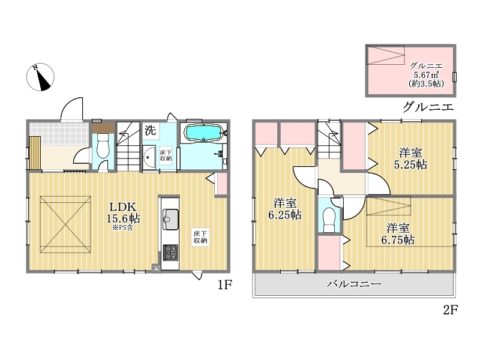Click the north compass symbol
(x=40, y=77)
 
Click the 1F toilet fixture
(x=103, y=146)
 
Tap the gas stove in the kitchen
(x=170, y=253)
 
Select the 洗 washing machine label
(x=151, y=131)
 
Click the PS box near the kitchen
(x=157, y=269)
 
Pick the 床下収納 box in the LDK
(x=200, y=237)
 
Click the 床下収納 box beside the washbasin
(x=166, y=155)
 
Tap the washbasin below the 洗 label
(x=149, y=157)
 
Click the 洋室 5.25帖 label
(x=410, y=158)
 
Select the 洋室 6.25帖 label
(x=285, y=209)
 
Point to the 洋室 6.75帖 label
(x=398, y=233)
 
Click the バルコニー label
(x=354, y=284)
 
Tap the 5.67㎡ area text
(x=426, y=74)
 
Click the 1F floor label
(x=224, y=285)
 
